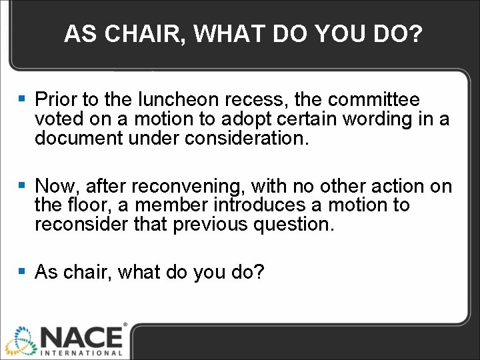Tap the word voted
(59, 119)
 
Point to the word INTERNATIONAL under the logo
(81, 352)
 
